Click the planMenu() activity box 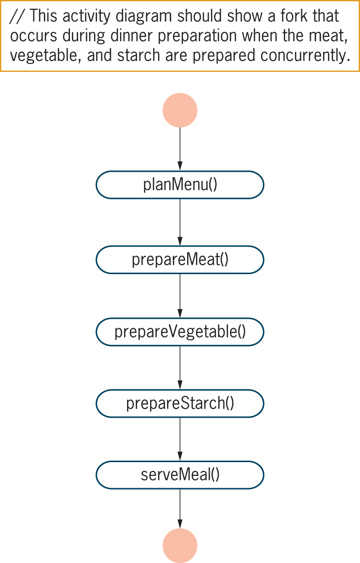(180, 185)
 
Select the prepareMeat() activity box (180, 259)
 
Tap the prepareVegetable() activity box (180, 332)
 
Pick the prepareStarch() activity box (180, 404)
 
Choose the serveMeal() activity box (180, 475)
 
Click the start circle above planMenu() (180, 110)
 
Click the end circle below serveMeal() (180, 545)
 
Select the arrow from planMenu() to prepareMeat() (180, 222)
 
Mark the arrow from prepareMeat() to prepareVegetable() (180, 295)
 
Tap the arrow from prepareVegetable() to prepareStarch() (180, 368)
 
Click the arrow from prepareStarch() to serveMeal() (180, 439)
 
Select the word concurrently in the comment (305, 55)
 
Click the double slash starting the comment (18, 16)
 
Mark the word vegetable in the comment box (46, 55)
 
